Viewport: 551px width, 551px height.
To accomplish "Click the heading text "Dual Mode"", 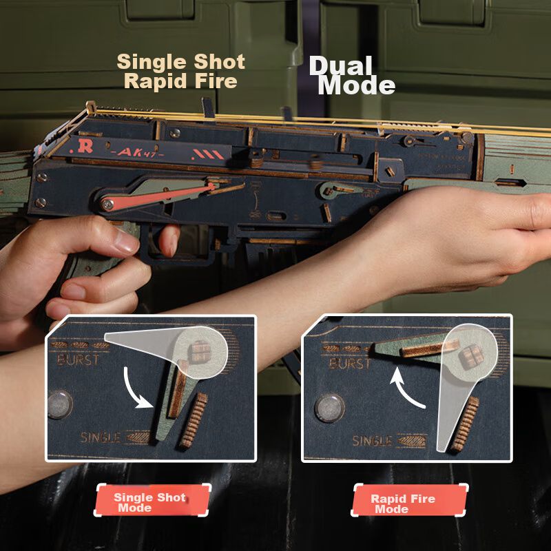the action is [352, 76].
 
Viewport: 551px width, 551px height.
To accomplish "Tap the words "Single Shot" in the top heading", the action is [180, 62].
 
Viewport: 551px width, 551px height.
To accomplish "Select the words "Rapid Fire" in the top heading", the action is [180, 81].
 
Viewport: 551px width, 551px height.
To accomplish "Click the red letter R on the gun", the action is [85, 146].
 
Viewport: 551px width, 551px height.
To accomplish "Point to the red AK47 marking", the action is [136, 152].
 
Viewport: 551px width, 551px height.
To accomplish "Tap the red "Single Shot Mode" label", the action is [152, 500].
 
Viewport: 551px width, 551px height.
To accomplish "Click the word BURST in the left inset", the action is [78, 360].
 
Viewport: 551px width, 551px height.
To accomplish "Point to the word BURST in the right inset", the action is [350, 364].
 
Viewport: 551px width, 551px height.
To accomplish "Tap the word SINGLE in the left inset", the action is [101, 437].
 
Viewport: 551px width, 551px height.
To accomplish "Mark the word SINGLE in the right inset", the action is [372, 441].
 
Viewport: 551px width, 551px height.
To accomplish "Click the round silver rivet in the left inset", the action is [60, 405].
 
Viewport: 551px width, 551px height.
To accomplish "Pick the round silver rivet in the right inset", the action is [330, 408].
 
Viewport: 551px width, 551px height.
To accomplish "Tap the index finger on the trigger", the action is [169, 240].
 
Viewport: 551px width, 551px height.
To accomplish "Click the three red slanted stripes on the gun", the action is [208, 154].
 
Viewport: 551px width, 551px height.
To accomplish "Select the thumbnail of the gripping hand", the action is [127, 242].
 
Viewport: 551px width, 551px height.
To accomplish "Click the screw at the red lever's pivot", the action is [107, 204].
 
